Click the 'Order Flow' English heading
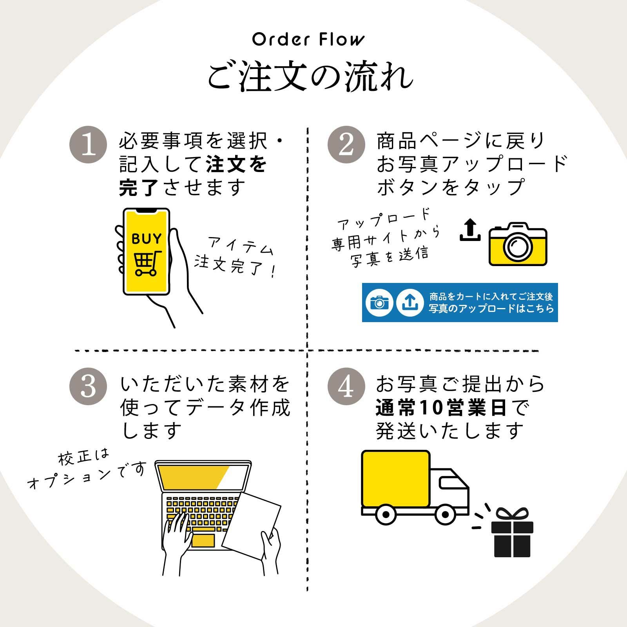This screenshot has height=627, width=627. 308,40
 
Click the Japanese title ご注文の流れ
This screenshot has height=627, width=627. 310,76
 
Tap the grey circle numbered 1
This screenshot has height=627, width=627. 88,145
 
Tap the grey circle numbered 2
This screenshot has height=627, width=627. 346,145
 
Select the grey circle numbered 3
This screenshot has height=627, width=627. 88,386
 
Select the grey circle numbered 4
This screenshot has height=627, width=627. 346,386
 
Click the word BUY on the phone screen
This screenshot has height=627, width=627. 147,239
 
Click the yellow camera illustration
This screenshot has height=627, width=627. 518,245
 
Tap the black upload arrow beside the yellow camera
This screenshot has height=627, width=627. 470,230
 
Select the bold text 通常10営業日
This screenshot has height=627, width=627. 441,409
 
